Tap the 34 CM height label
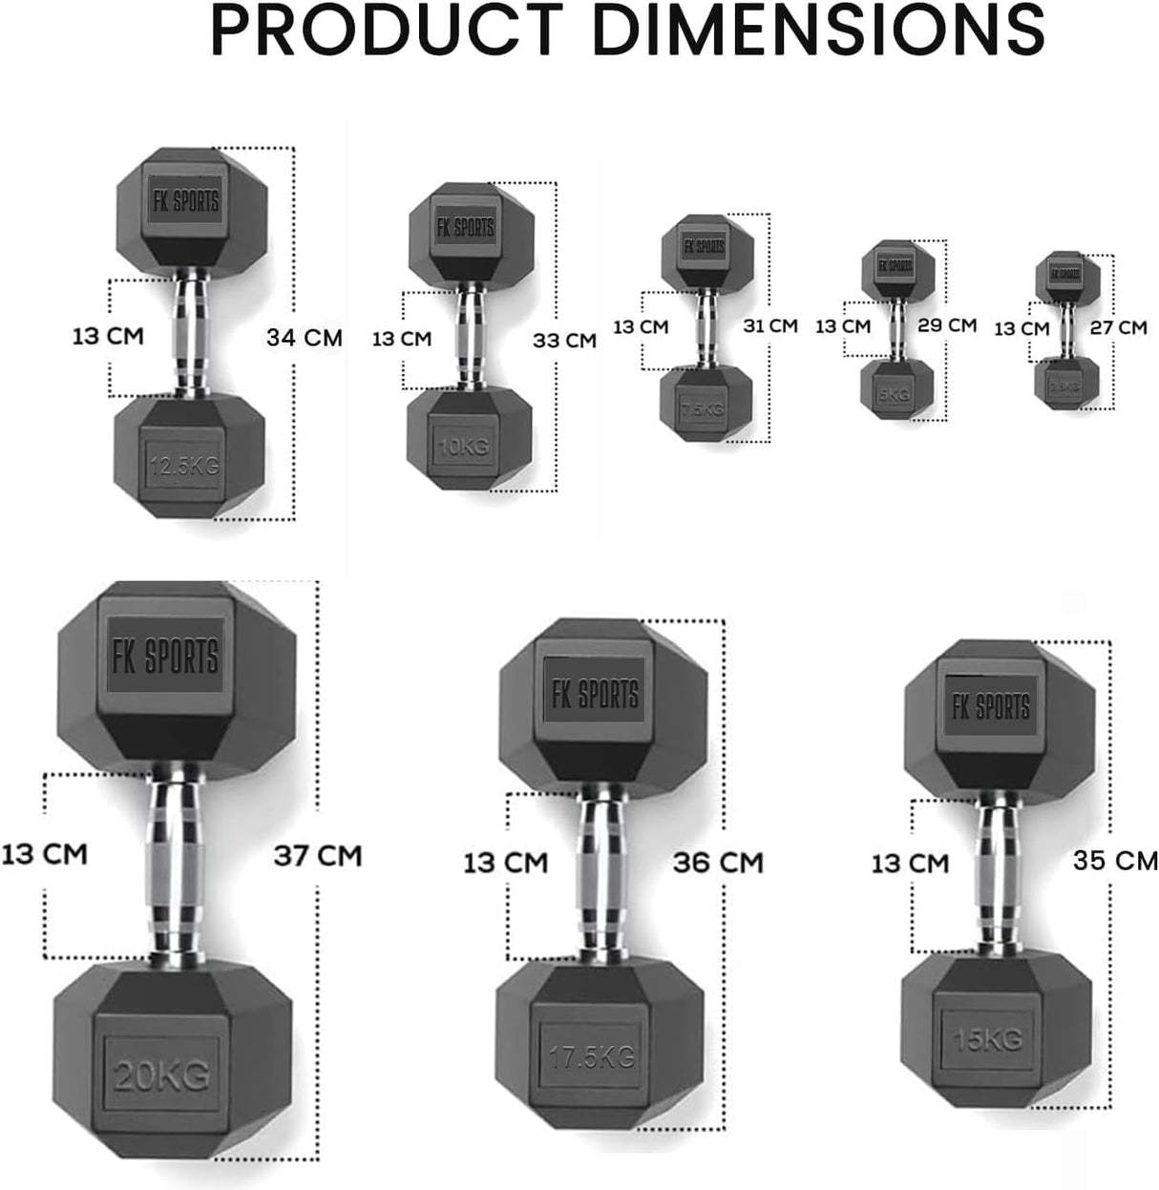click(x=304, y=337)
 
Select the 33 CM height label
click(x=565, y=340)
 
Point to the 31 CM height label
click(x=770, y=325)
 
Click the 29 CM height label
click(x=947, y=324)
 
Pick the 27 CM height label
click(x=1119, y=327)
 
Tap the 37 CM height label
click(x=318, y=855)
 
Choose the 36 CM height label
click(x=718, y=863)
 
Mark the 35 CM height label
click(x=1115, y=860)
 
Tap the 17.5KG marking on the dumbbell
click(x=592, y=1056)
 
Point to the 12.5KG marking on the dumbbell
click(x=184, y=466)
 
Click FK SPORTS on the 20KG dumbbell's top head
click(x=165, y=657)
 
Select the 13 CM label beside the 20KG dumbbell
click(x=44, y=853)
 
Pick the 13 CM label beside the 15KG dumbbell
click(x=909, y=864)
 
